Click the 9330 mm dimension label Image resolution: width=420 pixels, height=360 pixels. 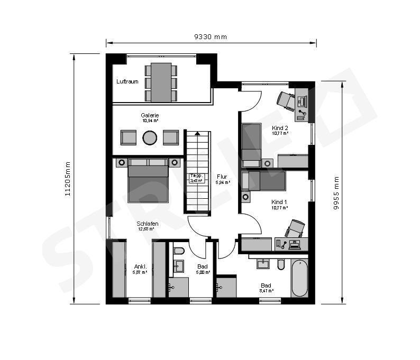click(211, 37)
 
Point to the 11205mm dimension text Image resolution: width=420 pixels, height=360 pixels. click(68, 179)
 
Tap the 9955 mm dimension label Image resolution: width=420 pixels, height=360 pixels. click(336, 193)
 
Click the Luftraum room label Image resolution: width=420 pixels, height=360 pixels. click(127, 82)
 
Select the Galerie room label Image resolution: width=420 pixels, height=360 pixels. click(150, 115)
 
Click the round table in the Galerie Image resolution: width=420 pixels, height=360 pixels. click(150, 137)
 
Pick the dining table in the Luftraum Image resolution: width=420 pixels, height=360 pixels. click(161, 82)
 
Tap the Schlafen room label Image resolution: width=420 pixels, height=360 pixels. click(148, 224)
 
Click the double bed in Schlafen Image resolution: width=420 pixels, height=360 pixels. click(148, 181)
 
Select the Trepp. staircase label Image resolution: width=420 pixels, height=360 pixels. click(196, 176)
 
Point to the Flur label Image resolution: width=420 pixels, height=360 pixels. click(222, 177)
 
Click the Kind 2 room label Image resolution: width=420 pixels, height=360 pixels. click(280, 128)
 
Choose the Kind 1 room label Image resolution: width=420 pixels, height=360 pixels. click(279, 202)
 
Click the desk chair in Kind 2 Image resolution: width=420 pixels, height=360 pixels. click(286, 100)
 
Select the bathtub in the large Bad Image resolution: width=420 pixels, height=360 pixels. click(299, 279)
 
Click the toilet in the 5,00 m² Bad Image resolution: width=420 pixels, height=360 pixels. click(179, 250)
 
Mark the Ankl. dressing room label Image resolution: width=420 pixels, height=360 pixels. click(140, 266)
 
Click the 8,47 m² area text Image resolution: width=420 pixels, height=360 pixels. click(266, 291)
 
